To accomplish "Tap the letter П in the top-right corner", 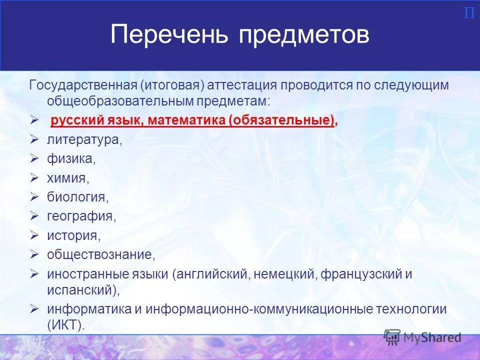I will pyautogui.click(x=469, y=13).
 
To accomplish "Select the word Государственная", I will pyautogui.click(x=81, y=85).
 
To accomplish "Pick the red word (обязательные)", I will pyautogui.click(x=282, y=120).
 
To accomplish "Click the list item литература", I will pyautogui.click(x=84, y=139).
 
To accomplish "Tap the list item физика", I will pyautogui.click(x=71, y=159).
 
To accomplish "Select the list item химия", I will pyautogui.click(x=68, y=178).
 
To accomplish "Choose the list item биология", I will pyautogui.click(x=77, y=197).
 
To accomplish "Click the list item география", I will pyautogui.click(x=81, y=216).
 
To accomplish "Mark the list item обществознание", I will pyautogui.click(x=101, y=254).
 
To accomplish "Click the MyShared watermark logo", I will pyautogui.click(x=422, y=337).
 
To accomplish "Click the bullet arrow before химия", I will pyautogui.click(x=34, y=177).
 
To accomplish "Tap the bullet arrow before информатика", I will pyautogui.click(x=34, y=308).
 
